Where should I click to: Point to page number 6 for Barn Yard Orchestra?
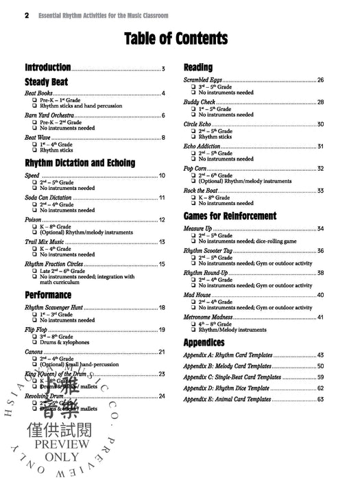tap(163, 115)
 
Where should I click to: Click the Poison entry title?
tap(36, 219)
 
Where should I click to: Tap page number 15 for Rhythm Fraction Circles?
tap(162, 264)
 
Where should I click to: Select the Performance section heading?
tap(48, 295)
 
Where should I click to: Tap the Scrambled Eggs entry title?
tap(206, 80)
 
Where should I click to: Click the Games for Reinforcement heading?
tap(230, 215)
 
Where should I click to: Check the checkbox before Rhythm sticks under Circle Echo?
tap(193, 137)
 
